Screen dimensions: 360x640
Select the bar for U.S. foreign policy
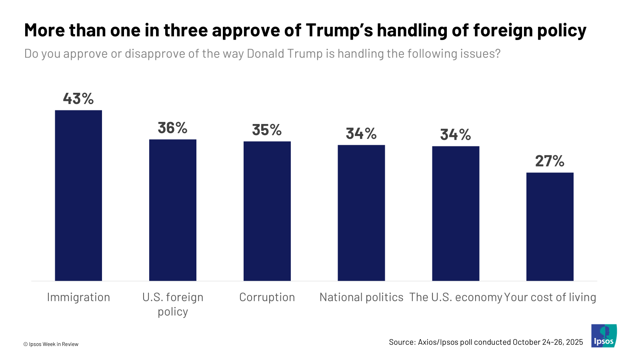(173, 210)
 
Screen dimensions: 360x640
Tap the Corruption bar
(267, 211)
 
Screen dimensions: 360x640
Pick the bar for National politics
(361, 213)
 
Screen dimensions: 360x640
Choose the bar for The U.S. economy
(456, 213)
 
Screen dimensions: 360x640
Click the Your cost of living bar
(550, 226)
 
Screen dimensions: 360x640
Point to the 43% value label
(78, 98)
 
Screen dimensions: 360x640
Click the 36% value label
(173, 128)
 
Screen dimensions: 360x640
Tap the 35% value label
(267, 130)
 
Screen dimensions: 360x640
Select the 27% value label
(550, 161)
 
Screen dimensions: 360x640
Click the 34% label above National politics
(361, 134)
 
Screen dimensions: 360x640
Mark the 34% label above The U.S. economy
(456, 135)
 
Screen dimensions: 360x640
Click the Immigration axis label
(78, 297)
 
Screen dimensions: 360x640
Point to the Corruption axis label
(267, 297)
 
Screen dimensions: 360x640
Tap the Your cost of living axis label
(550, 297)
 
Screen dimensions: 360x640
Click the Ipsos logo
(604, 336)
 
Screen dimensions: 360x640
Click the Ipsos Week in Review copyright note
(51, 344)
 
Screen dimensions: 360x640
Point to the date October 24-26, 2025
(548, 342)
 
